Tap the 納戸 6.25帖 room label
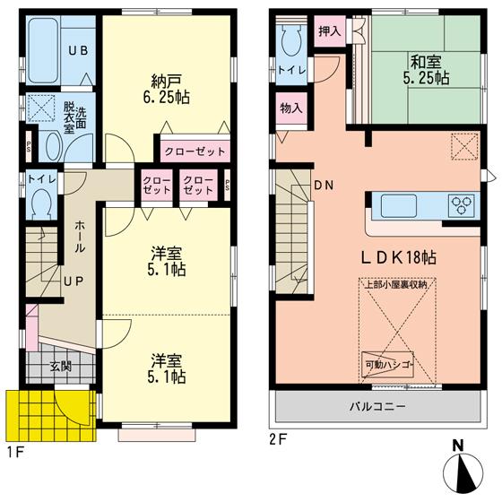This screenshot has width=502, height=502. [162, 85]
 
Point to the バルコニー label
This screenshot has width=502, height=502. [376, 406]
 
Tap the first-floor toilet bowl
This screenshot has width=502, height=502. [39, 205]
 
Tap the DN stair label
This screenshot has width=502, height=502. [323, 186]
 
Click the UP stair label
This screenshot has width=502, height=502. [73, 281]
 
